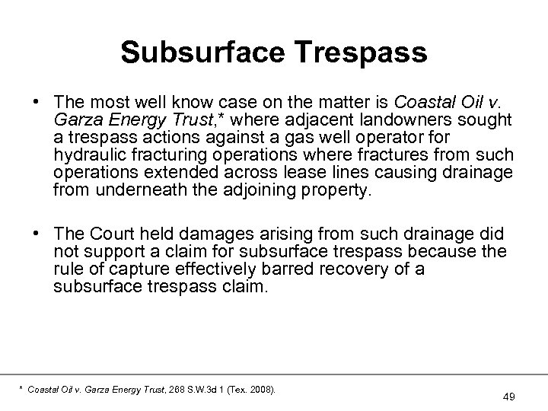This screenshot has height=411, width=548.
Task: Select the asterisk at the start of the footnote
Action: click(x=19, y=389)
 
